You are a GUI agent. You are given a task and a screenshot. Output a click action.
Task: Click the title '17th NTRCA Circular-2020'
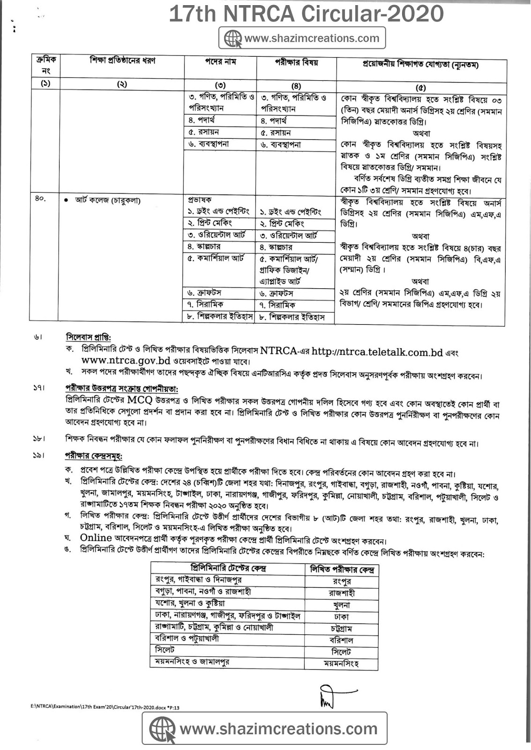tap(306, 14)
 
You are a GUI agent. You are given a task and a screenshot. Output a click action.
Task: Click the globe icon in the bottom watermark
tap(162, 729)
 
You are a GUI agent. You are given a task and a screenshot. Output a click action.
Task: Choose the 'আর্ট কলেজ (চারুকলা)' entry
tap(108, 200)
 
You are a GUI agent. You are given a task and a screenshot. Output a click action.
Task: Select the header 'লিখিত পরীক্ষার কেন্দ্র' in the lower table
tap(342, 570)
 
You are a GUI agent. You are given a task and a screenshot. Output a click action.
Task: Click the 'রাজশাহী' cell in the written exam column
tap(342, 593)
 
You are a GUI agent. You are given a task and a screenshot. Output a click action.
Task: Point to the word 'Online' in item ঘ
tap(96, 538)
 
